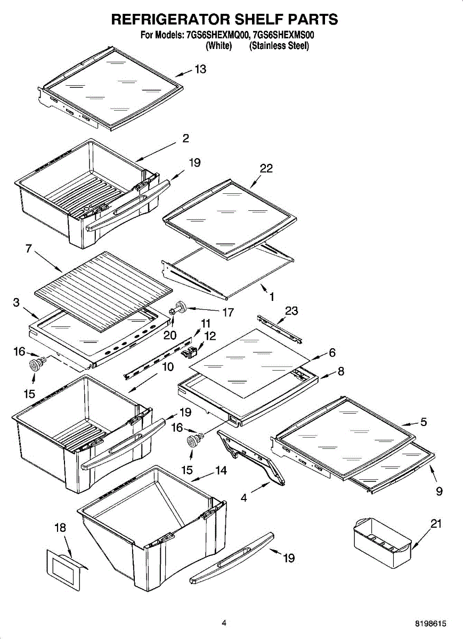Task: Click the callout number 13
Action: coord(200,69)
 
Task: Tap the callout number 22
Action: coord(266,168)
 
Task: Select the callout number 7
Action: coord(29,249)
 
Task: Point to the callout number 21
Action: coord(436,524)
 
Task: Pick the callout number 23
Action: coord(291,311)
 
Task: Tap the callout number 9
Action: coord(439,491)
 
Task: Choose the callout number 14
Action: coord(221,471)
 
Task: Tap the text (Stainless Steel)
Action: coord(279,46)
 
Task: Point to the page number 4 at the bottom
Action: coord(224,622)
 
